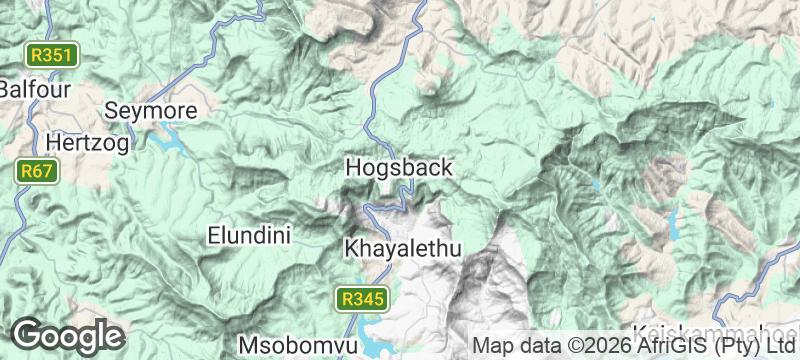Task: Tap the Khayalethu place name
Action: click(x=404, y=248)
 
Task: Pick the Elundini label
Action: click(x=248, y=236)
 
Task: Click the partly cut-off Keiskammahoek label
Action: click(x=716, y=334)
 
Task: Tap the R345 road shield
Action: click(x=360, y=298)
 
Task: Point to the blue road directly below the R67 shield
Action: click(x=22, y=205)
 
